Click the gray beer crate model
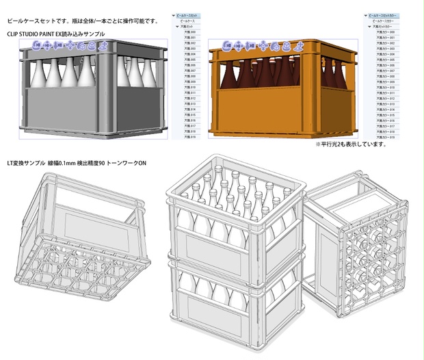click(x=96, y=89)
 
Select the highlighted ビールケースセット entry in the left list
click(x=194, y=14)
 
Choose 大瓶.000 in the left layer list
click(x=189, y=32)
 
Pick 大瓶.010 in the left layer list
click(x=189, y=88)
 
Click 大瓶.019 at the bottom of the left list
click(x=189, y=137)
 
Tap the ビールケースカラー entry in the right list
click(x=387, y=21)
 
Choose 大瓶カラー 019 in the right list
click(x=387, y=137)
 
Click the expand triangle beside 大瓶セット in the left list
click(x=176, y=27)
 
